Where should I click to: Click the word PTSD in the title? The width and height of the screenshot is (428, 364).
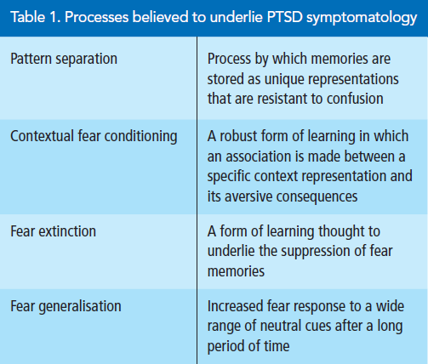pos(284,17)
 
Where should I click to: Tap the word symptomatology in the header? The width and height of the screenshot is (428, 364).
pos(362,18)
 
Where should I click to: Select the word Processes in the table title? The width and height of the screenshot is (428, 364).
pos(97,17)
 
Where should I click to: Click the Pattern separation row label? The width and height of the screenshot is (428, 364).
pos(64,60)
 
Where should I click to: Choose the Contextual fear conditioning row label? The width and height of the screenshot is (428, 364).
pos(94,136)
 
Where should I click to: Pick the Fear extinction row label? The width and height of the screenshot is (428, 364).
pos(54,231)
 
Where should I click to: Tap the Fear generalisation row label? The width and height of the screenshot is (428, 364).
pos(66,307)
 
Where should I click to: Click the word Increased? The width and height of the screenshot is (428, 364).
pos(236,306)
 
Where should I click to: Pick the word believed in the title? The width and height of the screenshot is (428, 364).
pos(161,17)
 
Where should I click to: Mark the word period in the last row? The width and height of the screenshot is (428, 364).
pos(225,346)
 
